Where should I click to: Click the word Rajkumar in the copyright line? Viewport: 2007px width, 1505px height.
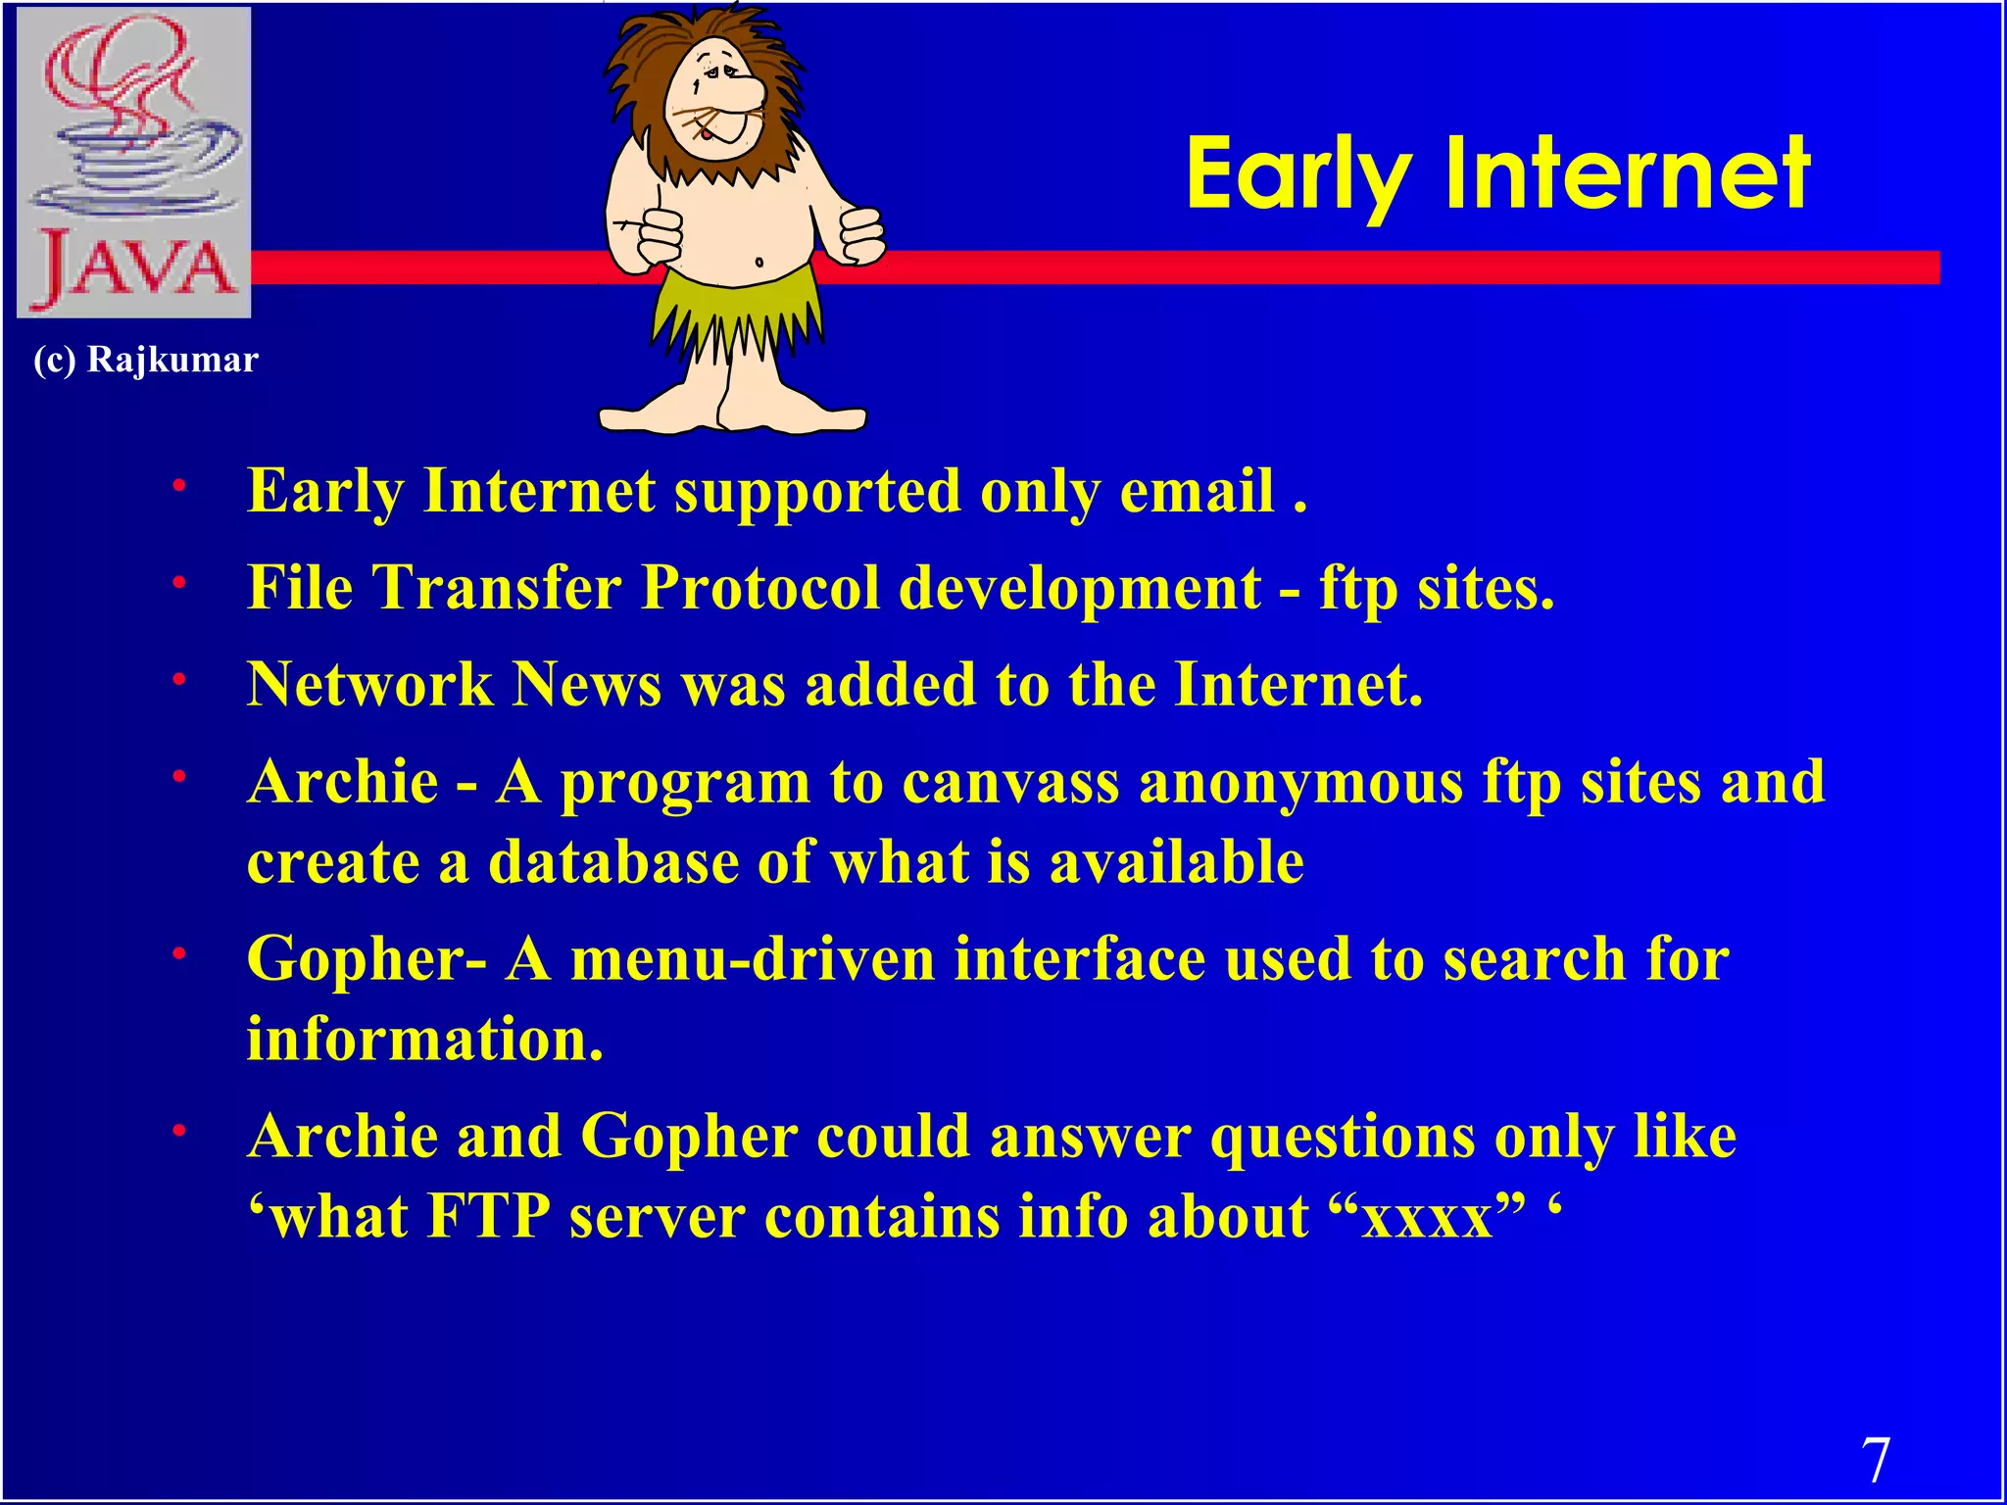click(172, 360)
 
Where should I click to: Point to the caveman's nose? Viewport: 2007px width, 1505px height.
click(742, 93)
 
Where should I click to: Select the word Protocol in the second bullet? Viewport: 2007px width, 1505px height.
click(760, 588)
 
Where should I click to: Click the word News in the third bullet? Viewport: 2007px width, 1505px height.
click(587, 684)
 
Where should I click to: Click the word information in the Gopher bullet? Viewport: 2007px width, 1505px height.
click(423, 1039)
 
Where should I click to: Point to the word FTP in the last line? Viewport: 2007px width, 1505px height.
click(488, 1217)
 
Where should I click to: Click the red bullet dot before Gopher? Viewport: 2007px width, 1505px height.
click(179, 952)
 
